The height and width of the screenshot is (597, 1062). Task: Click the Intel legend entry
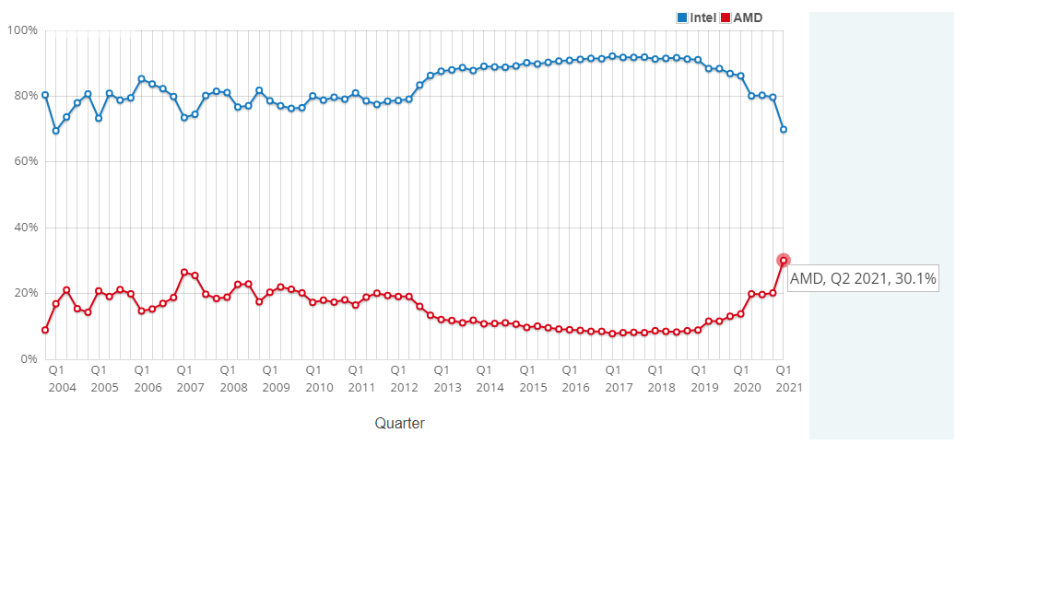coord(697,18)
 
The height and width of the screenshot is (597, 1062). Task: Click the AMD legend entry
coord(742,18)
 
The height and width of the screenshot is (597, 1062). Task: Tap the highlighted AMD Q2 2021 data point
coord(784,261)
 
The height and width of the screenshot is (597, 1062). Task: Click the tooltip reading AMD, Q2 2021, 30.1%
coord(863,278)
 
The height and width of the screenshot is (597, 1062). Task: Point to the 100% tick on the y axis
coord(22,30)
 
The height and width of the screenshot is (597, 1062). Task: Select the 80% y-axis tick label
coord(25,96)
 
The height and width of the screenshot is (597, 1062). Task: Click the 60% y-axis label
coord(25,161)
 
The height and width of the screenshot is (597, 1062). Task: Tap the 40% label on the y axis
coord(25,228)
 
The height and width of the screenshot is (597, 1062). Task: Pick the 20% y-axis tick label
coord(25,293)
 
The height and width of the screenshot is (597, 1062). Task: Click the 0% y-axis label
coord(28,359)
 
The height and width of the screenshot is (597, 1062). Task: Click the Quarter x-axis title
coord(399,424)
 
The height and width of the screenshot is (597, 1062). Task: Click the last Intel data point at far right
coord(784,129)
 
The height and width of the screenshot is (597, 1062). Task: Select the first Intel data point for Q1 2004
coord(45,95)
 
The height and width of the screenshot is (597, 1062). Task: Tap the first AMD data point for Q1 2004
coord(45,330)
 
